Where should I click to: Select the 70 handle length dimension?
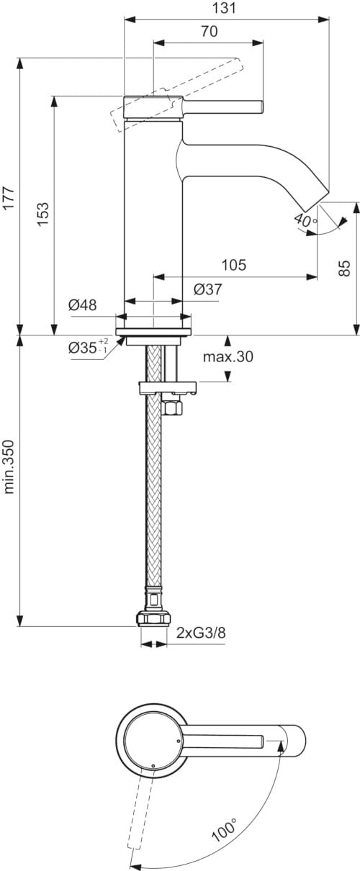[x=209, y=31]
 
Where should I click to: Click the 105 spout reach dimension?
[x=233, y=265]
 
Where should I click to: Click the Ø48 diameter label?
[x=83, y=305]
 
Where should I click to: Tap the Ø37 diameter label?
[x=208, y=289]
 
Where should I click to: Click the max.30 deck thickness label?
[x=228, y=356]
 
